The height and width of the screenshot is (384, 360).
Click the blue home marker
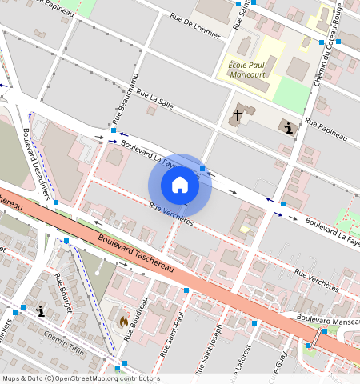[x=180, y=185]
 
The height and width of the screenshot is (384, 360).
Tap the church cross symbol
[x=237, y=115]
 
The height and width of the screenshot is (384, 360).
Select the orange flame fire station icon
[x=124, y=321]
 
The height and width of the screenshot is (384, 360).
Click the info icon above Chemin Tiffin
[x=40, y=311]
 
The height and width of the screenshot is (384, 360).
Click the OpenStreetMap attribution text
[x=81, y=378]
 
